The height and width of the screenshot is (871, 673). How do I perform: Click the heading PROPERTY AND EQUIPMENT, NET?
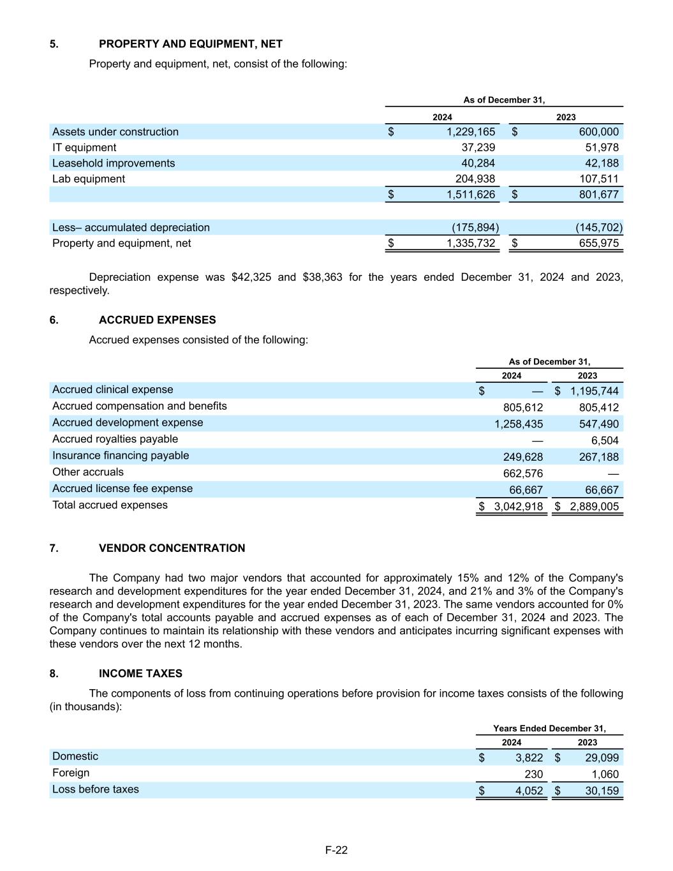coord(190,44)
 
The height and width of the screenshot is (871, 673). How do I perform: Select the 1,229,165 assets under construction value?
coord(471,132)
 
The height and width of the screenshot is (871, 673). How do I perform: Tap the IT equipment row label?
coord(84,147)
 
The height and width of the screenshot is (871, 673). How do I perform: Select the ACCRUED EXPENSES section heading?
coord(157,320)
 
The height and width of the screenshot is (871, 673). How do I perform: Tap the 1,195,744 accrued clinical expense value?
coord(594,391)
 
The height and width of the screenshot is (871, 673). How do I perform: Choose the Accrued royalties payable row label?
coord(115,439)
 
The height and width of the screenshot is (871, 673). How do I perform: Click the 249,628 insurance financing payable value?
coord(522,457)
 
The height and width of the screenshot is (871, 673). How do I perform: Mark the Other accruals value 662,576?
coord(522,473)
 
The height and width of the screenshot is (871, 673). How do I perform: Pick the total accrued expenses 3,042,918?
coord(518,507)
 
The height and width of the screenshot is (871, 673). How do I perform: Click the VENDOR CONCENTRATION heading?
coord(172,548)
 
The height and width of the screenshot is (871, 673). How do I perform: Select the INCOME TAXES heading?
coord(140,673)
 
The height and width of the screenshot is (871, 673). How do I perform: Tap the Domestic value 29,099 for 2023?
coord(602,758)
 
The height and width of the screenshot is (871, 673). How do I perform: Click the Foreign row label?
coord(71,773)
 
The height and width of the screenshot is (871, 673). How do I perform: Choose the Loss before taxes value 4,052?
coord(529,791)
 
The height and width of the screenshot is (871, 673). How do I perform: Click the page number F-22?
coord(336,850)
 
